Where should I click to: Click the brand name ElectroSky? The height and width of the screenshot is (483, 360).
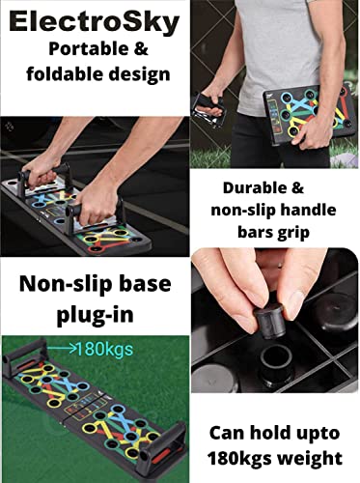tap(95, 23)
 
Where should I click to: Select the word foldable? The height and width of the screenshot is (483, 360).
tap(65, 74)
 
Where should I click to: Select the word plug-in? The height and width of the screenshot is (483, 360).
tap(96, 315)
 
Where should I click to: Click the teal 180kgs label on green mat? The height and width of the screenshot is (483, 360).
tap(104, 349)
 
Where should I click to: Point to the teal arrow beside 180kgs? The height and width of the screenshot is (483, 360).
tap(62, 349)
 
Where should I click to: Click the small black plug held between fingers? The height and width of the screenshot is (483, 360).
tap(268, 322)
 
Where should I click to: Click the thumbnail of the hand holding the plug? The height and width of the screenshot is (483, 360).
tap(275, 321)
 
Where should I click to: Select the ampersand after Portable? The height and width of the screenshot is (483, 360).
tap(141, 49)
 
